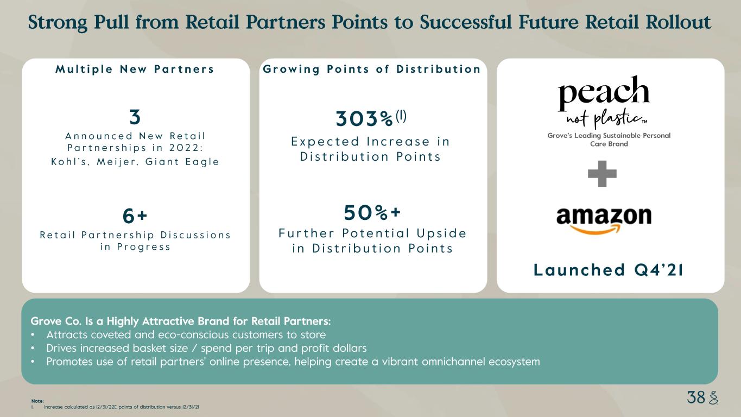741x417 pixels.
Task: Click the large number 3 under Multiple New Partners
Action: [x=135, y=117]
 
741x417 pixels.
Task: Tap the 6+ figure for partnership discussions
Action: [x=135, y=216]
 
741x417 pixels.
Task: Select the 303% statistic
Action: [x=364, y=118]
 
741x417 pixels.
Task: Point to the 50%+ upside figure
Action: [x=372, y=212]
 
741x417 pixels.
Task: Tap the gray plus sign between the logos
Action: [x=602, y=173]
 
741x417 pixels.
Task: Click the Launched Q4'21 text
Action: [x=609, y=270]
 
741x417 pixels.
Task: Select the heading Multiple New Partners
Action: [x=135, y=69]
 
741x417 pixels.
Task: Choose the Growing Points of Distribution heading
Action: [x=372, y=69]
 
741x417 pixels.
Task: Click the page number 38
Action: [x=696, y=397]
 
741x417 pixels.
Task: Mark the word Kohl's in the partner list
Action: [x=71, y=161]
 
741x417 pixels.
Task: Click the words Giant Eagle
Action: [x=182, y=161]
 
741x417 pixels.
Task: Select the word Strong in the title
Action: [x=58, y=23]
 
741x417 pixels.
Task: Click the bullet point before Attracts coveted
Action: [x=33, y=335]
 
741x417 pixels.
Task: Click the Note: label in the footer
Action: [x=37, y=401]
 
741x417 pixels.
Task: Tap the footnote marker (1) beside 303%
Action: [x=401, y=116]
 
